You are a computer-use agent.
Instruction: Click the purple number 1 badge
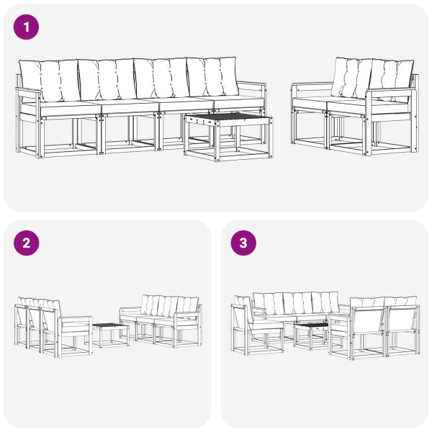27,27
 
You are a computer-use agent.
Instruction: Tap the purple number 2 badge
27,243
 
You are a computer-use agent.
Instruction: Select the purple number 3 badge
243,243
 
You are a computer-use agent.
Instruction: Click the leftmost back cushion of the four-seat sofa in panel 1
49,80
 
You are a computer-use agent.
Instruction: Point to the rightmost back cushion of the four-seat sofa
212,77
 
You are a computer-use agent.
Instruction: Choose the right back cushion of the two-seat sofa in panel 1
392,75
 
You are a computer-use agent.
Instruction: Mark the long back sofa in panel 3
295,306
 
